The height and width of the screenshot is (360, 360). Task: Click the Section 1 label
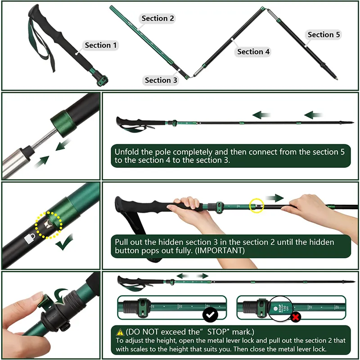101,45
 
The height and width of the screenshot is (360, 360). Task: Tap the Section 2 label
157,18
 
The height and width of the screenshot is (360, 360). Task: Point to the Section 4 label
253,52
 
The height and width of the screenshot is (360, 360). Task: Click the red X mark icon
296,318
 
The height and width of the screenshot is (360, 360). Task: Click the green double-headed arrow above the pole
192,276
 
